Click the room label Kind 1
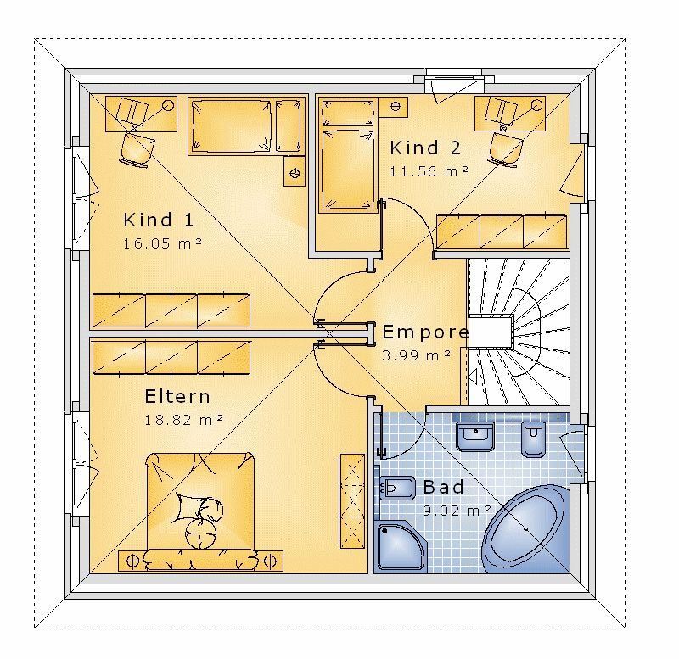coord(159,220)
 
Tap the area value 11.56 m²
coord(429,171)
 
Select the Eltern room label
coord(177,396)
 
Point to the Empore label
coord(425,332)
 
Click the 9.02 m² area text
coord(457,511)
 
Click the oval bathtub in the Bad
coord(525,528)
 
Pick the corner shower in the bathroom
coord(401,547)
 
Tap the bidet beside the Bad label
coord(396,488)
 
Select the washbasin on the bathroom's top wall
coord(475,437)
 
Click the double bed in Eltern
coord(200,508)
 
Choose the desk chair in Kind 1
coord(137,148)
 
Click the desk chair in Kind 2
coord(505,148)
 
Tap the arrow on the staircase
coord(474,377)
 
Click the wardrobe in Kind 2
coord(502,232)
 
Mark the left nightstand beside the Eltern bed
coord(132,561)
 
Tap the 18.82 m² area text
coord(183,420)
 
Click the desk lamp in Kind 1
coord(168,105)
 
